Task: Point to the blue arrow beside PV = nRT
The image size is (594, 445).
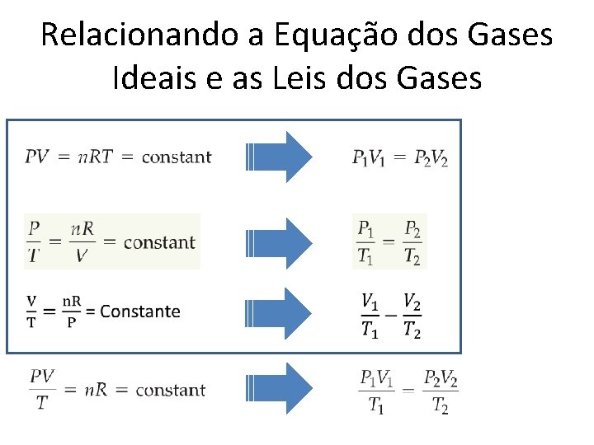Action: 280,156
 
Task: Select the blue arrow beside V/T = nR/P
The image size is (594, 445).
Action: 280,311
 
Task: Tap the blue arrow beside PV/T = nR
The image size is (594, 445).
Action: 280,388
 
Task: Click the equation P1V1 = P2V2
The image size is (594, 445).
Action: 400,157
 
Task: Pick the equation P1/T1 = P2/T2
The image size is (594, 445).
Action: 389,241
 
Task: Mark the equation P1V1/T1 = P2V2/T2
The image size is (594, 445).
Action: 408,391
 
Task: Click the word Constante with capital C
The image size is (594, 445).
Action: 139,311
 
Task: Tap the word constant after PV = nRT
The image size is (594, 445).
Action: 177,157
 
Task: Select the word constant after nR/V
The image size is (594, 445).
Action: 159,242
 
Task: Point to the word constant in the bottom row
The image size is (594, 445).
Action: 170,389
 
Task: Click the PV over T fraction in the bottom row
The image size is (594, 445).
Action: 42,389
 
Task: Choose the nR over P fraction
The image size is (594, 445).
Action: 71,311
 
